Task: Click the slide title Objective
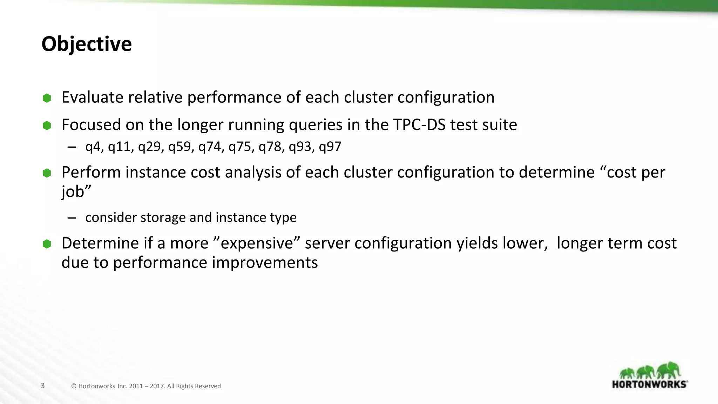click(87, 44)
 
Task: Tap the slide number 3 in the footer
click(43, 386)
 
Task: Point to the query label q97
click(330, 147)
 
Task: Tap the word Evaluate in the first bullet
click(92, 97)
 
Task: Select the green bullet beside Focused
click(47, 126)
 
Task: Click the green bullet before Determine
click(47, 244)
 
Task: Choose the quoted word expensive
click(257, 243)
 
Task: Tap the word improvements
click(265, 262)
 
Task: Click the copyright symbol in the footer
click(74, 386)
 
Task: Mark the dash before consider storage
click(72, 218)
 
